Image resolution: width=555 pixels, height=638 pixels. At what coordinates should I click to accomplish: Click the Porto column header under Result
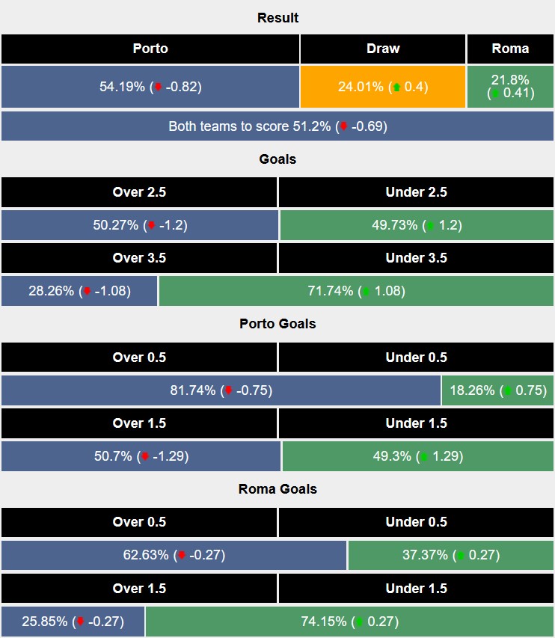point(150,49)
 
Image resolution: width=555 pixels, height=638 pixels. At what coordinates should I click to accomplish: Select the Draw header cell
point(383,49)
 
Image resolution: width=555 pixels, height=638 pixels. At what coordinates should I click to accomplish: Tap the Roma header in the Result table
point(510,49)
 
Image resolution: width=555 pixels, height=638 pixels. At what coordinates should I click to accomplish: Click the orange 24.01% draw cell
point(383,87)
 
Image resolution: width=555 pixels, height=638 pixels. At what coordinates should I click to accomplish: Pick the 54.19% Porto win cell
point(150,87)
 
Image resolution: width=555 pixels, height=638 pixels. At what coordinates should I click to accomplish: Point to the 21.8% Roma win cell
point(510,87)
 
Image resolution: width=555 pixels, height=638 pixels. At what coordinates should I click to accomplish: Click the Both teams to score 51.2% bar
point(277,126)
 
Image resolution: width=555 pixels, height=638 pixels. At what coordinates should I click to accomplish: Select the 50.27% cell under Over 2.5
point(139,225)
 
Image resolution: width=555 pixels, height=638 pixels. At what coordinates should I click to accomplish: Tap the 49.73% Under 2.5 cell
point(416,225)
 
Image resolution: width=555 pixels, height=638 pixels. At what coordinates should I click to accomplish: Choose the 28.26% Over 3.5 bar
point(79,291)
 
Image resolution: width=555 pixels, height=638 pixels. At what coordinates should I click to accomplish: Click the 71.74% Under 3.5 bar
point(356,291)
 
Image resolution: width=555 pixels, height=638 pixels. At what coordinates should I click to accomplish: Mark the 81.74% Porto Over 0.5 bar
point(221,390)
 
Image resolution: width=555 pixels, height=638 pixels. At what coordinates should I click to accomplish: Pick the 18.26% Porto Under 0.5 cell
point(498,390)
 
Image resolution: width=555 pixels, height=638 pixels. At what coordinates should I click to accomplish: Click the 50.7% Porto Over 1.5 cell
point(141,456)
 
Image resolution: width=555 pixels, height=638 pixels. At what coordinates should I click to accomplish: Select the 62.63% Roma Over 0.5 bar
point(174,555)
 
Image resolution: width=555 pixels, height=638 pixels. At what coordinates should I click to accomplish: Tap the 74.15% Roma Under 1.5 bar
point(349,622)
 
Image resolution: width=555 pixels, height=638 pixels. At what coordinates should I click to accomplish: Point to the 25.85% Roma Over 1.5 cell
point(73,622)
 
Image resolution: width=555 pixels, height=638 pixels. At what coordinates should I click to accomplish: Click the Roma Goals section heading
point(277,489)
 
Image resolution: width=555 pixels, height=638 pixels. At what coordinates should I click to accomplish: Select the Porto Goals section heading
point(277,324)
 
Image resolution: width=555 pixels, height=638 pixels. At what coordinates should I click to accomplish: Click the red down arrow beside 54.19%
point(158,88)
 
